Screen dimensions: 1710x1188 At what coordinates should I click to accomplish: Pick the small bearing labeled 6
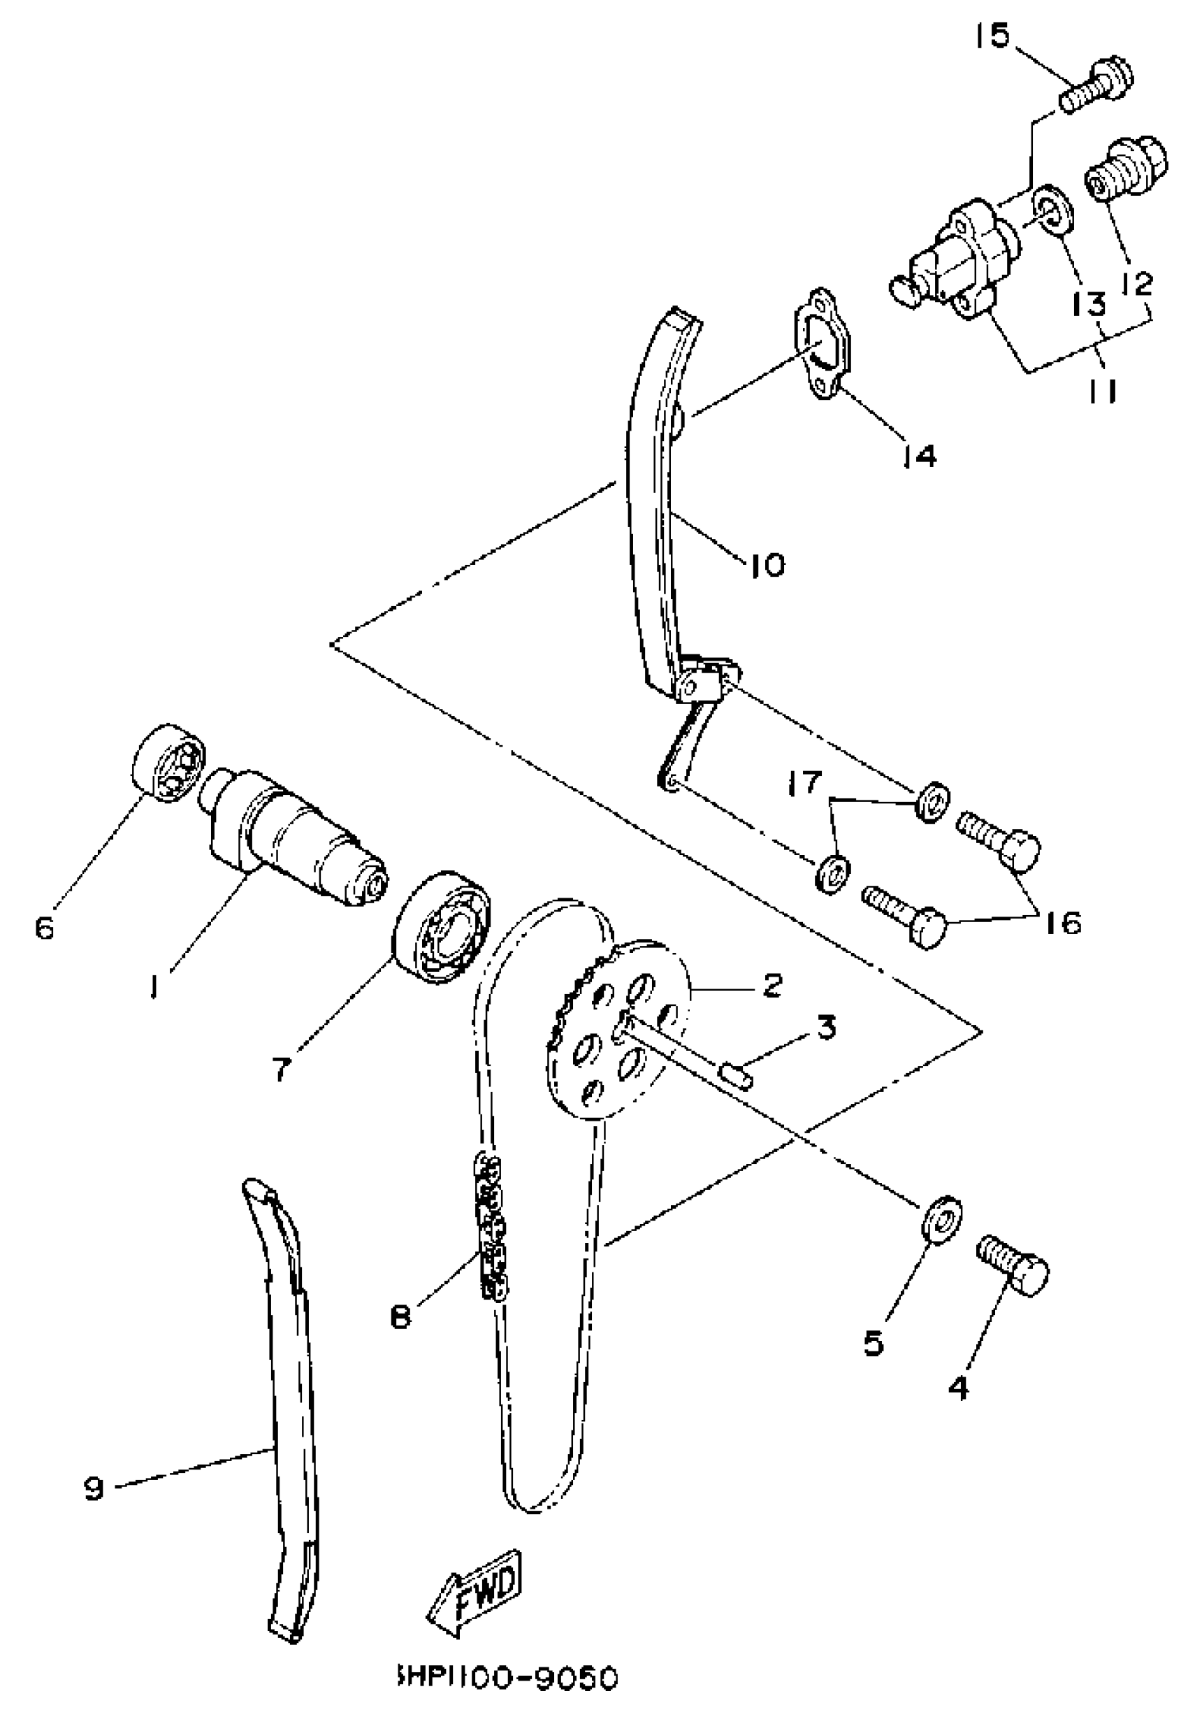(x=168, y=761)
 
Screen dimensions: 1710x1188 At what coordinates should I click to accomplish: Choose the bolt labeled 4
(x=1013, y=1270)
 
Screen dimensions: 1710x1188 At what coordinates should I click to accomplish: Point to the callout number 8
(x=400, y=1319)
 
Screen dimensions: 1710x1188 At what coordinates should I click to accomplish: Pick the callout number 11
(x=1103, y=390)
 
